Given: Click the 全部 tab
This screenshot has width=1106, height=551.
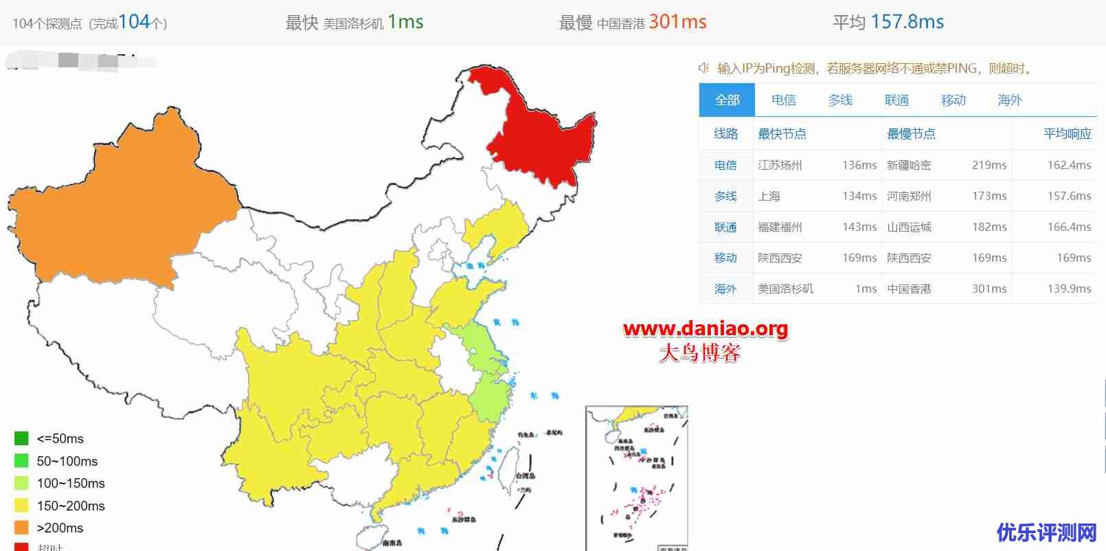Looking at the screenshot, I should (727, 100).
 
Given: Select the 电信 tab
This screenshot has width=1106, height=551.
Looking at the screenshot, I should (783, 100).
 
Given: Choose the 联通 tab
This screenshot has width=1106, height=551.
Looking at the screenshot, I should (896, 100).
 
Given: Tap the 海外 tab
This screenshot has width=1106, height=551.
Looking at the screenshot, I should (1010, 100).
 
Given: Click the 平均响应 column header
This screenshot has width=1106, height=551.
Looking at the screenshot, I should (1067, 134).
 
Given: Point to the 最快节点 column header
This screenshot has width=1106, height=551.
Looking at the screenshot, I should (782, 134).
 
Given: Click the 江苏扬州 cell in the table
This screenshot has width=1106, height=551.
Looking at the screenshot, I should (780, 165).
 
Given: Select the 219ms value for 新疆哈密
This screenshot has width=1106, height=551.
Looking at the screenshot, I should (989, 165).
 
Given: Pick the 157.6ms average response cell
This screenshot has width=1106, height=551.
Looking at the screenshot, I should (1069, 196).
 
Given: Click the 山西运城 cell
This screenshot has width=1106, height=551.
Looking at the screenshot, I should (909, 227).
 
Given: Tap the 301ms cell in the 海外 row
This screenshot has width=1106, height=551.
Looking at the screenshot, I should (989, 289).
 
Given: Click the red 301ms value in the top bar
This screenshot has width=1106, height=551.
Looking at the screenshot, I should (677, 22).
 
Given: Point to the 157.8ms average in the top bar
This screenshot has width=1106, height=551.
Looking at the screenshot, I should (907, 22).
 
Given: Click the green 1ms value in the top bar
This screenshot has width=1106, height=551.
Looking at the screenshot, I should (405, 22).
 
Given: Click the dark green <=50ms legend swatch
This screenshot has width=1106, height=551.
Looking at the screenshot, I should (21, 438).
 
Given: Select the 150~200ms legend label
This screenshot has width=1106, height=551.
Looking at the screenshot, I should (71, 506).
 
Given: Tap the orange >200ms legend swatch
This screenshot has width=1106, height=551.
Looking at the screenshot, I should (21, 528).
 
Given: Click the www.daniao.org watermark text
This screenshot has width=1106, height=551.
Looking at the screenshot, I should (706, 329).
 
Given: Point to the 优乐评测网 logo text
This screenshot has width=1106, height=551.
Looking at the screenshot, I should (1046, 532).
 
